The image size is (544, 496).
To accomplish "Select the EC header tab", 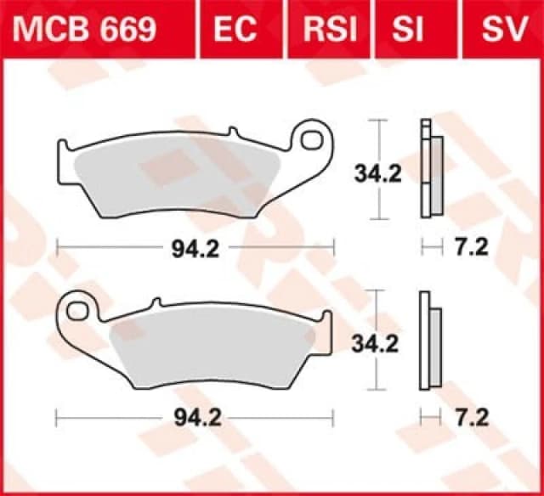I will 235,31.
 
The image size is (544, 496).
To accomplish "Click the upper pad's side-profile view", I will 430,174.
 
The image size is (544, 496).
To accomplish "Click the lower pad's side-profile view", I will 430,343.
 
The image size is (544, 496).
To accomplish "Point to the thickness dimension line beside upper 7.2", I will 433,247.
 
